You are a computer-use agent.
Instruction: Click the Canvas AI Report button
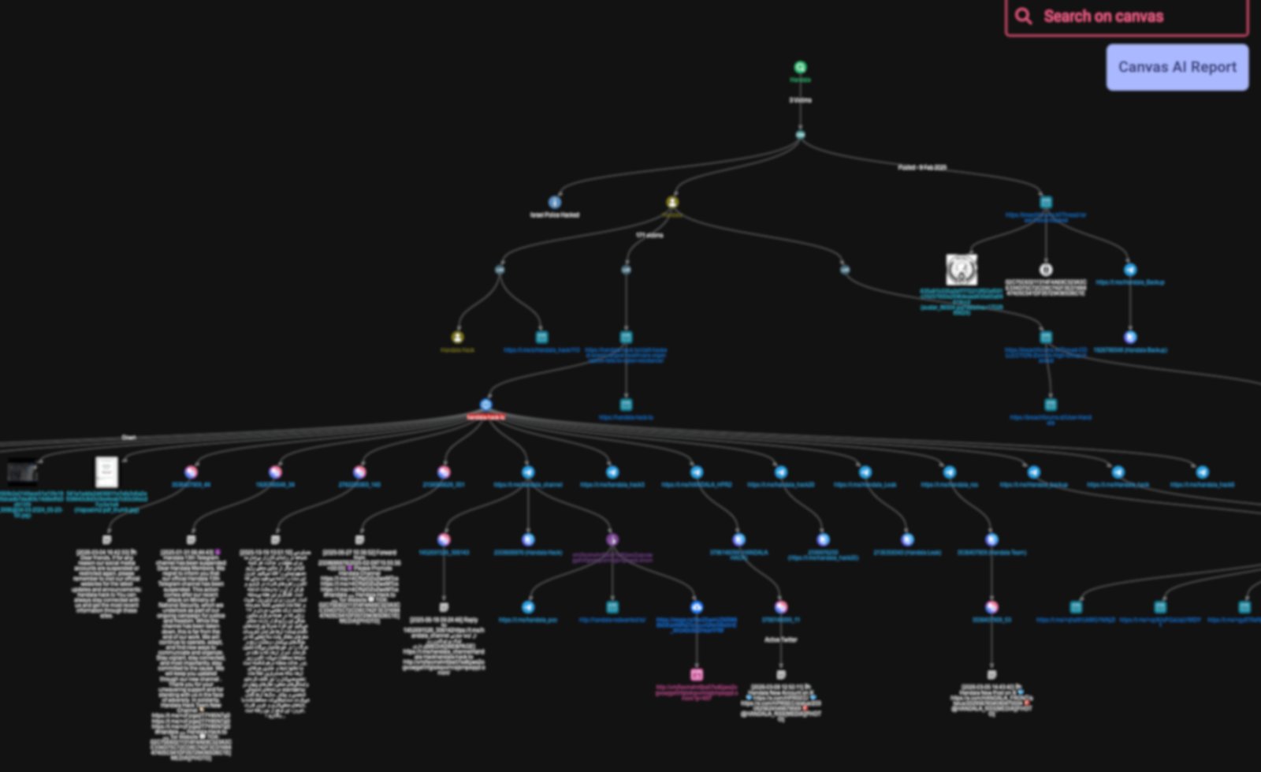point(1177,67)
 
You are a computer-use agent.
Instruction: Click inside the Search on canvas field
point(1135,17)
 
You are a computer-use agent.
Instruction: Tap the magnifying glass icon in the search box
point(1023,17)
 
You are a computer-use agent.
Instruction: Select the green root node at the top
point(800,68)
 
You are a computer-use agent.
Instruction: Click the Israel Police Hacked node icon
point(555,203)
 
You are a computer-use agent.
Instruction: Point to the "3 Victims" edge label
point(800,100)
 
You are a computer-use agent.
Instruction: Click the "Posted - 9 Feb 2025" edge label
point(922,167)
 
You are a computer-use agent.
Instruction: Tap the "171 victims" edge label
point(649,235)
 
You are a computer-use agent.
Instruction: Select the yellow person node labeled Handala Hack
point(457,338)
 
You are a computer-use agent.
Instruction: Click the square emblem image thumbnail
point(962,270)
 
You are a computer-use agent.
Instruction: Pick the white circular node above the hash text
point(1046,270)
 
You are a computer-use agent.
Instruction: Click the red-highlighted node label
point(485,416)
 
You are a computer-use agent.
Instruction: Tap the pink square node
point(697,675)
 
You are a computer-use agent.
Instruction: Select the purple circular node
point(612,540)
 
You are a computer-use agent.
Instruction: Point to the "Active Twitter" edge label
point(780,640)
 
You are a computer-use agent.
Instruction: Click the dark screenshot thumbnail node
point(22,472)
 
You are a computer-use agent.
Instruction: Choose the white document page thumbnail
point(106,472)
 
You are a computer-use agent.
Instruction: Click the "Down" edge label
point(128,437)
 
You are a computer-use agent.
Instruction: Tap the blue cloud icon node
point(697,607)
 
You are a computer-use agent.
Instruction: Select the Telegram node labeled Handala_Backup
point(1130,270)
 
